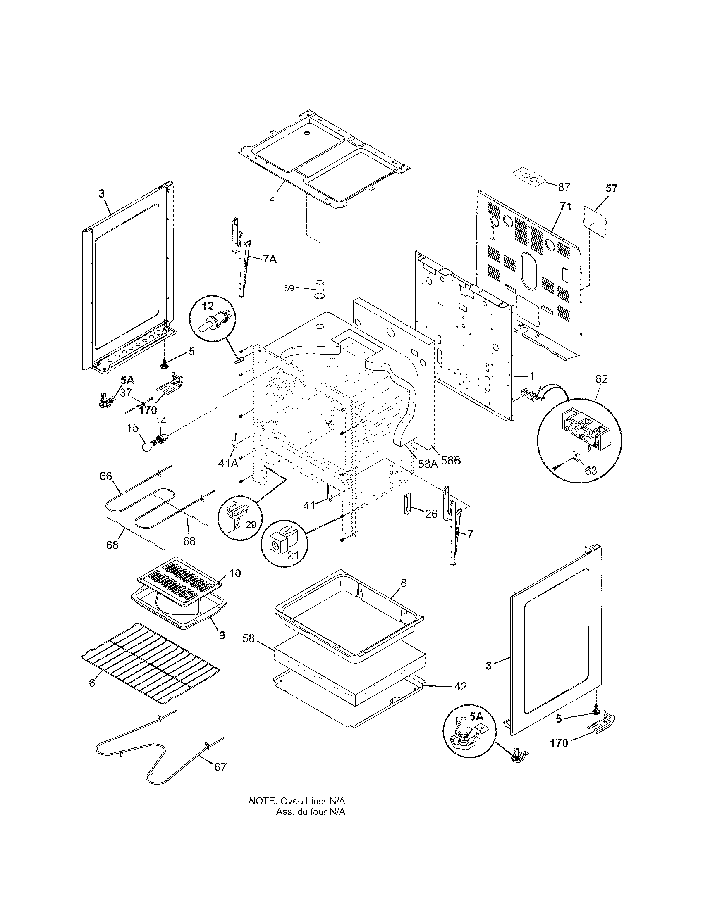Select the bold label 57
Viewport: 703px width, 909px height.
coord(611,188)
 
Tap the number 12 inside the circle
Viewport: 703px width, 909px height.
coord(208,306)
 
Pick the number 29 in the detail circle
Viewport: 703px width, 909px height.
coord(251,525)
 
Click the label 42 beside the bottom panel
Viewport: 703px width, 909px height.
coord(460,687)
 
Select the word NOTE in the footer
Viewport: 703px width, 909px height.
coord(263,813)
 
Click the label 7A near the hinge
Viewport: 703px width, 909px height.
coord(270,259)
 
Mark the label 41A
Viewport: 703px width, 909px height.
coord(228,463)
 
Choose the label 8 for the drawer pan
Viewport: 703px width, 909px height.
coord(403,583)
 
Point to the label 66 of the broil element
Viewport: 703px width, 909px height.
coord(106,476)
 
